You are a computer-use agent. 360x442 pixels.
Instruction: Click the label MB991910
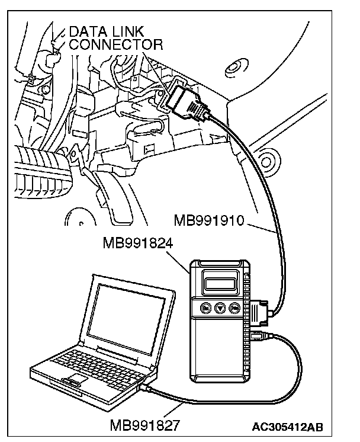point(210,221)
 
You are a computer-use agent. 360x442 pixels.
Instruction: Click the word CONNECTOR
point(115,44)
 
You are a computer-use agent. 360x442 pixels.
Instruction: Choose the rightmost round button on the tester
point(235,308)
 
